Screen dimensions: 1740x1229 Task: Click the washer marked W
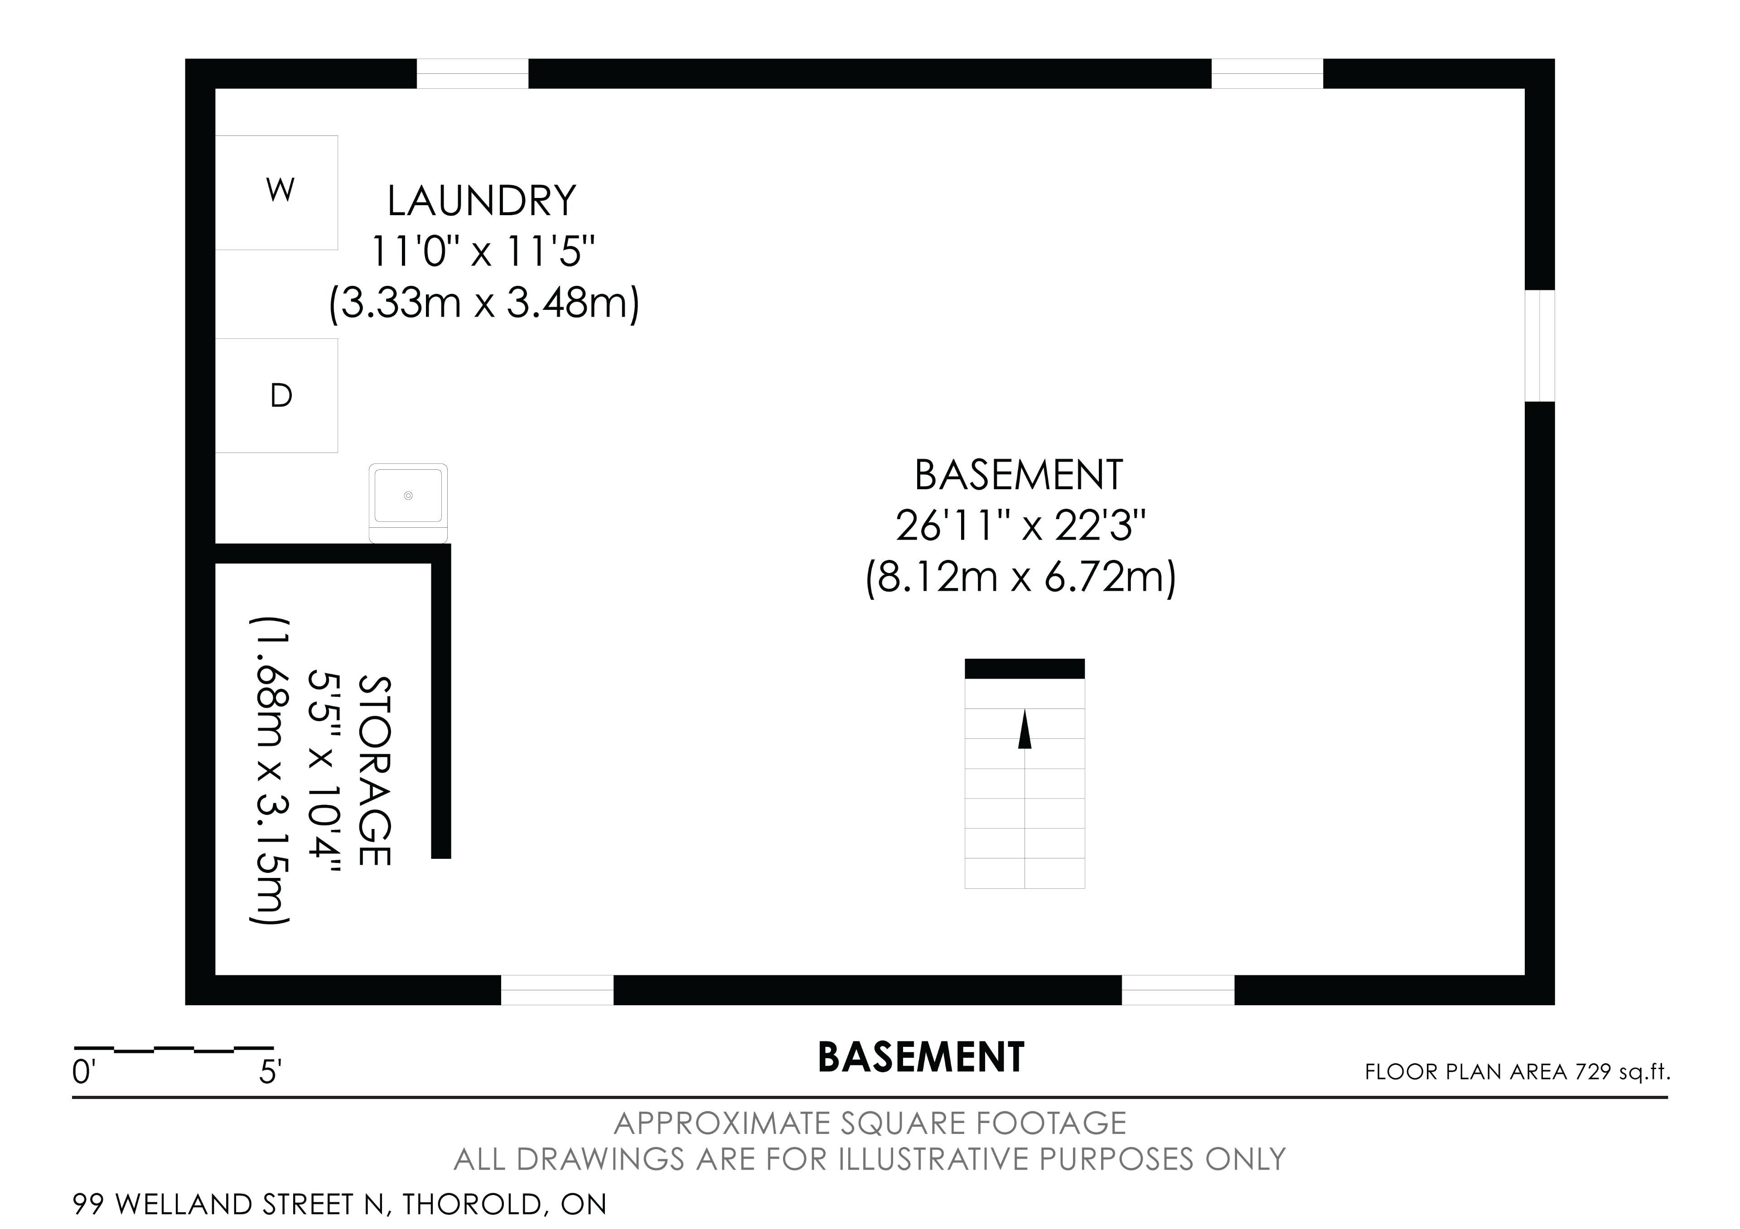point(276,193)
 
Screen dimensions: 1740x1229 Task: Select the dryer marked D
point(276,395)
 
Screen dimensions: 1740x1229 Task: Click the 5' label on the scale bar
point(271,1073)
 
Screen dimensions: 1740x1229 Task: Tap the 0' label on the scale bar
point(82,1073)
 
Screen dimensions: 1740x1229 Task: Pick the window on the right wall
point(1540,346)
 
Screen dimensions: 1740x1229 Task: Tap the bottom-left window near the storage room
point(557,990)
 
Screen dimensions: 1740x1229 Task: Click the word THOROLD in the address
point(471,1204)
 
